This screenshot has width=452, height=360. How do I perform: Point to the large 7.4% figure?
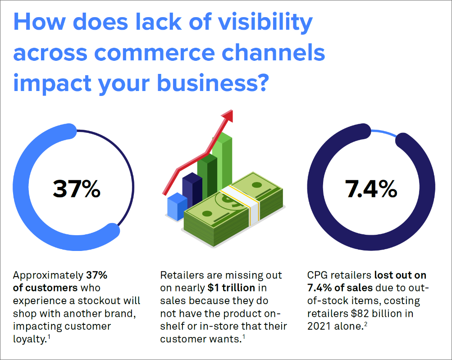371,189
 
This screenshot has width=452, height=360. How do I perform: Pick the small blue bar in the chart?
176,206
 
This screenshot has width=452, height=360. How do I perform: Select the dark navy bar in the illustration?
192,189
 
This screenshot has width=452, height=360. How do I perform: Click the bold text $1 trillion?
231,287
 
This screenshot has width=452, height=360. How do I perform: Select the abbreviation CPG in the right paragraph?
316,275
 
